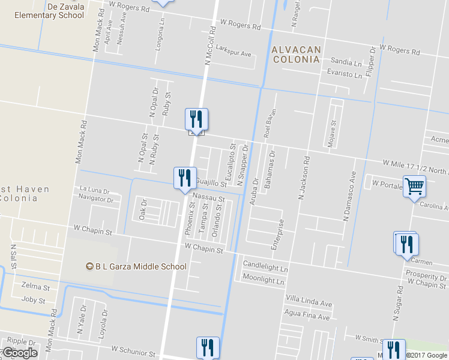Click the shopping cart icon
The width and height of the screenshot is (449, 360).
pos(414,187)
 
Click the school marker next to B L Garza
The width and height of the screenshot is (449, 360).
pos(89,266)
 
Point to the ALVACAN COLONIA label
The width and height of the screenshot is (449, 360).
pos(296,54)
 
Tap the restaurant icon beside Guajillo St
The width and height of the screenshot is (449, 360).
pos(184,178)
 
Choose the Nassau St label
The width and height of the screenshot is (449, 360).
pos(208,199)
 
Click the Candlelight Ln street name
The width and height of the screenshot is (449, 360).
pos(265,264)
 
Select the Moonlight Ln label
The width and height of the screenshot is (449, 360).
pos(263,278)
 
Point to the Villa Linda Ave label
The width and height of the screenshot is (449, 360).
pos(309,304)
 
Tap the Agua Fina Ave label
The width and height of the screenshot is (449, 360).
pos(307,316)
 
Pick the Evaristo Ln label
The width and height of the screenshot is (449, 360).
pos(345,75)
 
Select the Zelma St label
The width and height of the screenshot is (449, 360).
pos(33,287)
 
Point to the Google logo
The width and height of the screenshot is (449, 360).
pos(19,353)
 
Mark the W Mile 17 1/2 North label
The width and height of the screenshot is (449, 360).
pos(414,163)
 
